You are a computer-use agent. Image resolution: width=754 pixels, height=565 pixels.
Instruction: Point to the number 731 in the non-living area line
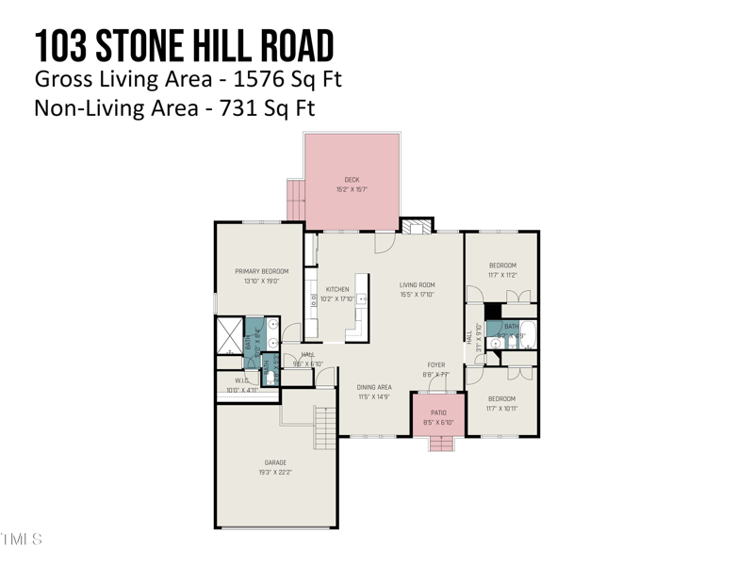[x=240, y=107]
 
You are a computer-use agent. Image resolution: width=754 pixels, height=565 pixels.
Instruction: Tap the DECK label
[x=352, y=180]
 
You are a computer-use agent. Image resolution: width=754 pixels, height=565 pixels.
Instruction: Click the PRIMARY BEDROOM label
[x=261, y=271]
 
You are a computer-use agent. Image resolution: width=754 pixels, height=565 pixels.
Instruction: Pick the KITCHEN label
[x=337, y=289]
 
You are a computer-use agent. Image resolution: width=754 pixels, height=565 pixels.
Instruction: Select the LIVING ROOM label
[x=417, y=284]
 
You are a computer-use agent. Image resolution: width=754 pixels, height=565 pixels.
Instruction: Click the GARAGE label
[x=275, y=462]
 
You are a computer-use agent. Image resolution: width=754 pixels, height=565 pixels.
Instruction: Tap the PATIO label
[x=438, y=412]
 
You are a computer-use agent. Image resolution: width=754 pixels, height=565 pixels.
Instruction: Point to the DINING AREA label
[x=374, y=387]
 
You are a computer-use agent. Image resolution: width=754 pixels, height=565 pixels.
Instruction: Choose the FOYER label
[x=435, y=365]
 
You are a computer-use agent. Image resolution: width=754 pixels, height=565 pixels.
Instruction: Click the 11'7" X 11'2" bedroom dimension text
[x=501, y=275]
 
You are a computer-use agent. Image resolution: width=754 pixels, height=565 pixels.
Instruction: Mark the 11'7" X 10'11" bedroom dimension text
[x=501, y=408]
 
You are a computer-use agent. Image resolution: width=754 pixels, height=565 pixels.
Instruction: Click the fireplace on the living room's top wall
[x=416, y=226]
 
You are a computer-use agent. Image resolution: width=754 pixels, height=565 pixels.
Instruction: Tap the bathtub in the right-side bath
[x=527, y=335]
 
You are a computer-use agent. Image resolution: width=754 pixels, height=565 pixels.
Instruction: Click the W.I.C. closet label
[x=235, y=381]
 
